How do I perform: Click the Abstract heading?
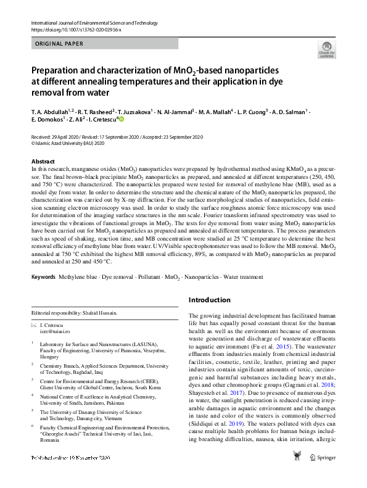43,160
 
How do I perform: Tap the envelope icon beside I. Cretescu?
33,324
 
